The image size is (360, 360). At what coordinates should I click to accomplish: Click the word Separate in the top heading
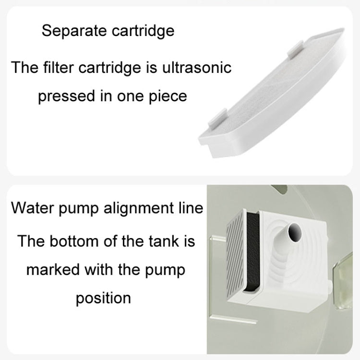[74, 31]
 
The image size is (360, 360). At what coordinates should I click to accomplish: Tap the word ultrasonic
[197, 68]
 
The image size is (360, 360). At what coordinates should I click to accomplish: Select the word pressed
[67, 96]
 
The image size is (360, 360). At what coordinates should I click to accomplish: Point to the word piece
[168, 96]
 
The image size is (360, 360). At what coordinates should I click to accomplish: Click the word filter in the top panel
[58, 68]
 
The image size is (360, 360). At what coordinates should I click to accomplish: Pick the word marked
[53, 270]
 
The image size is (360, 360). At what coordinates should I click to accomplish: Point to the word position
[103, 299]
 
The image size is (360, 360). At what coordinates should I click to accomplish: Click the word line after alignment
[191, 208]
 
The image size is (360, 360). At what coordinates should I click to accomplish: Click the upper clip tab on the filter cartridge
[296, 48]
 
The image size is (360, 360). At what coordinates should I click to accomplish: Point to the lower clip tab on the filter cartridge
[217, 118]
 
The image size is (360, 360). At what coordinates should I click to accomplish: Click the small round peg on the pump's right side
[329, 287]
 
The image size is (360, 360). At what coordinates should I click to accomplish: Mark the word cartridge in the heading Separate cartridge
[143, 31]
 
